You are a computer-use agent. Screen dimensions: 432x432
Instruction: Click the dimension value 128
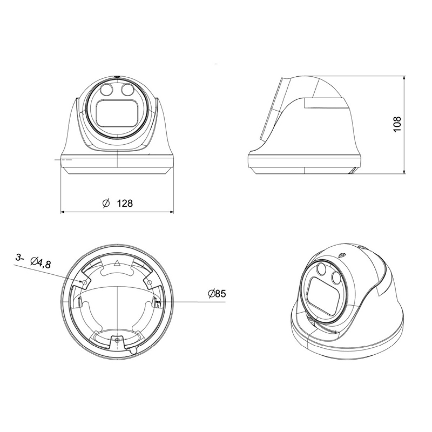125,203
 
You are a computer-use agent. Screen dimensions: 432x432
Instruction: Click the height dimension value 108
397,124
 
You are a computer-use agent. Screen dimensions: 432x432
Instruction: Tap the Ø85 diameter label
217,293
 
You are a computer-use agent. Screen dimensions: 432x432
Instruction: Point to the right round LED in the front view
127,90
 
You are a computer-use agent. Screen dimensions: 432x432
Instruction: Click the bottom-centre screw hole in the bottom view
117,339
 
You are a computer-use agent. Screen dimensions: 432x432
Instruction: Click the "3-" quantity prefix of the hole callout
20,258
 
